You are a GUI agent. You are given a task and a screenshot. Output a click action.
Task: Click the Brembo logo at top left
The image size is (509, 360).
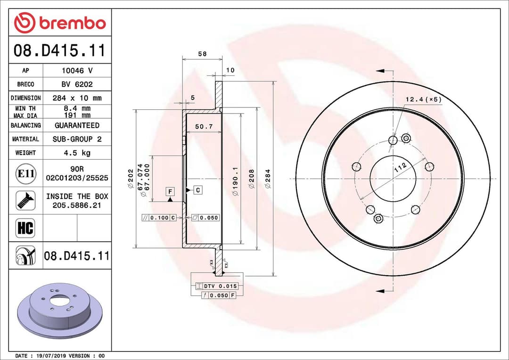click(60, 23)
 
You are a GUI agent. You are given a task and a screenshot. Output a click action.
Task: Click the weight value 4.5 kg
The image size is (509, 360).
click(77, 153)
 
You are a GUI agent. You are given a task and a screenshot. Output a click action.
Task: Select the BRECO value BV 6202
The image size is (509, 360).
click(77, 84)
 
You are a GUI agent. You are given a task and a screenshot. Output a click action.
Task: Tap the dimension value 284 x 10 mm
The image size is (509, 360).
click(77, 98)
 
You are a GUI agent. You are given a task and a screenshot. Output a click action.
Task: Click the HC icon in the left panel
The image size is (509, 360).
click(25, 229)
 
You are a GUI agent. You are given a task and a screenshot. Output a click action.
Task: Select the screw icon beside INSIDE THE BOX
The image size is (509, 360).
click(25, 200)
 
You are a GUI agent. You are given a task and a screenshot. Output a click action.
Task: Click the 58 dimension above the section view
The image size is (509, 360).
click(202, 54)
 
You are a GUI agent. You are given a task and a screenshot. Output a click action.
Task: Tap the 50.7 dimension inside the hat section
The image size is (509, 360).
click(204, 127)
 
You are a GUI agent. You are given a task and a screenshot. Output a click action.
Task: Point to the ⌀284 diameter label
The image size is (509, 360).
click(268, 179)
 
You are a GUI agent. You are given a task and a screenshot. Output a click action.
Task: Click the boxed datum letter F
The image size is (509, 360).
click(170, 191)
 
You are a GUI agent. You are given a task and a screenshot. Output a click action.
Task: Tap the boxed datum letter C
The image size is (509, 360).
click(197, 190)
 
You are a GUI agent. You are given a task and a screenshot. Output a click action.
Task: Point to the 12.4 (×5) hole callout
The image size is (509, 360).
click(423, 99)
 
